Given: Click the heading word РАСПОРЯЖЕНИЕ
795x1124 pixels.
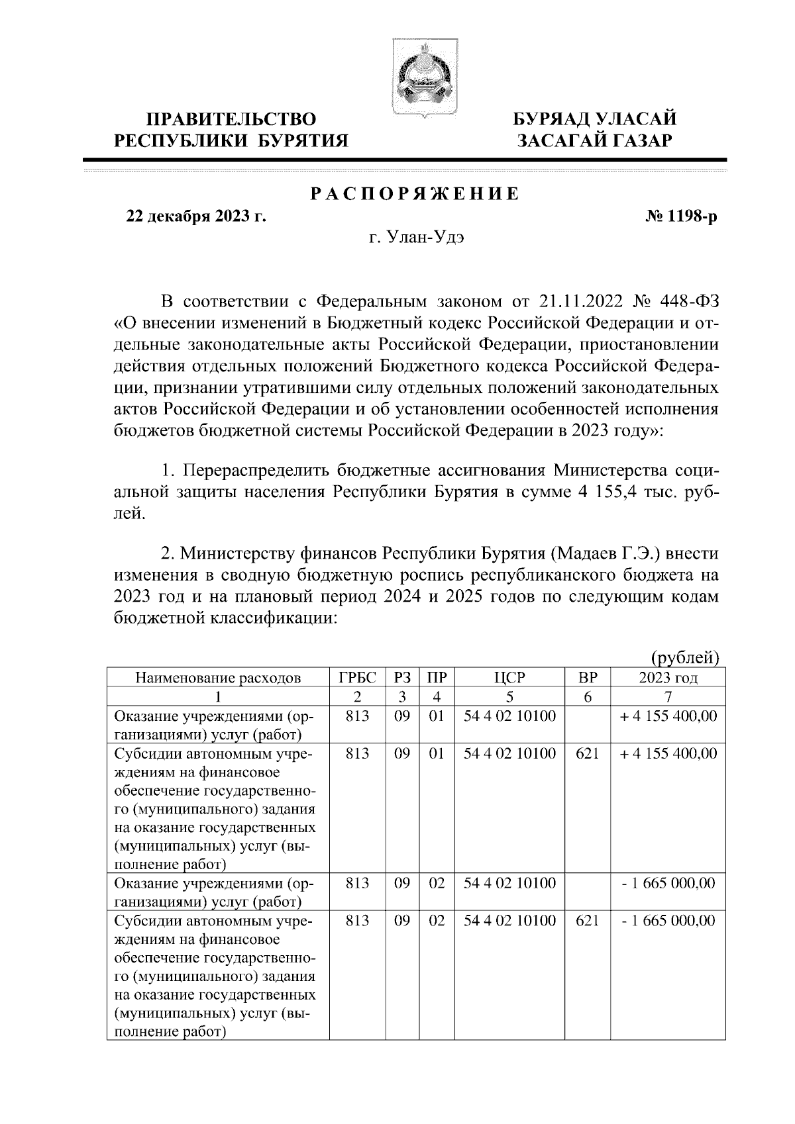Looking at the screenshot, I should click(415, 194).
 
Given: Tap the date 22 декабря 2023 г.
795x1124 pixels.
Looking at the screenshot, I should click(196, 217).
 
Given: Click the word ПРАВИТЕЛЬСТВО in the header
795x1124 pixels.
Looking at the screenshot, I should click(231, 119).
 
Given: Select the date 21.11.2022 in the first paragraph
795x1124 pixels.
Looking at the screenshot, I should click(581, 302).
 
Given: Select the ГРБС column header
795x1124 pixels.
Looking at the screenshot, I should click(357, 677).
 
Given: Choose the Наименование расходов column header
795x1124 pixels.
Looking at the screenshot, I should click(218, 677).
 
